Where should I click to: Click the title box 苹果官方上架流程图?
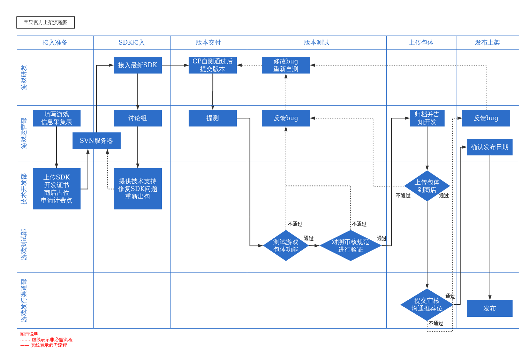46,22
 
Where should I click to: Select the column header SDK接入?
132,43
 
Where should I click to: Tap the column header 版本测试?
317,43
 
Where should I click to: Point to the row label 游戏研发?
24,78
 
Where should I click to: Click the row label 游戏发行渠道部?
24,300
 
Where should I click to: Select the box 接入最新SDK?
138,65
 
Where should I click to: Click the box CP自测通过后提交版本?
213,65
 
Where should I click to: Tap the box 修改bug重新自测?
286,65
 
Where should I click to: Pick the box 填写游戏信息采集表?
56,118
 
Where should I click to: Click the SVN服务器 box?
97,141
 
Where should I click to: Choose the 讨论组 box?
138,118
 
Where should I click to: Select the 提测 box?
213,118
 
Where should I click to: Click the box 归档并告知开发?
427,118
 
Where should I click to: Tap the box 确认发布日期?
490,147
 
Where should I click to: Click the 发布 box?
490,308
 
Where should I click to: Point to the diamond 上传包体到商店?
427,186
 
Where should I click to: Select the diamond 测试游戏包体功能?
286,246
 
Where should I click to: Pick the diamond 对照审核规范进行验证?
350,246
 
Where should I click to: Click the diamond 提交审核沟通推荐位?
427,305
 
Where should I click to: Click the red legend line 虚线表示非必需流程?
46,340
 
